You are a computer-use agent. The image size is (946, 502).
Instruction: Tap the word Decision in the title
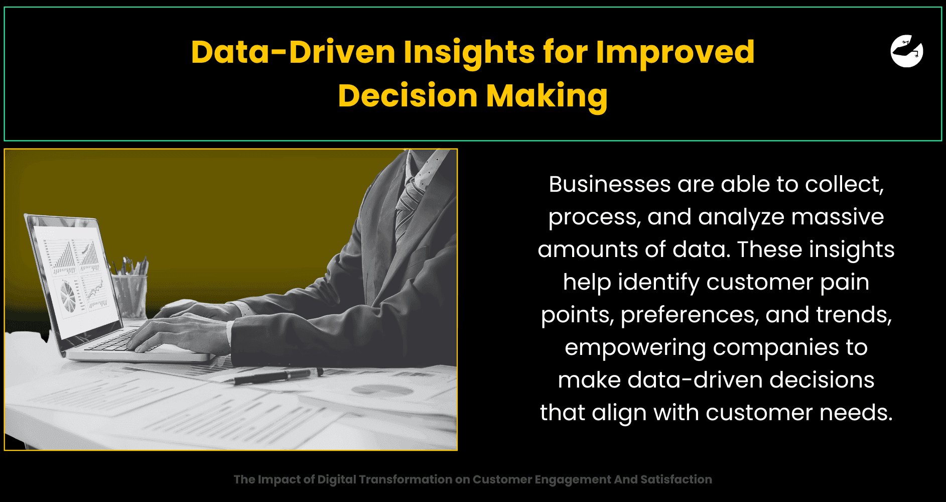click(408, 95)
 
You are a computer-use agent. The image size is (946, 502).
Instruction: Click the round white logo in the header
click(907, 51)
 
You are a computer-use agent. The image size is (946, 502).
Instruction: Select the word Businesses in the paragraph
click(610, 184)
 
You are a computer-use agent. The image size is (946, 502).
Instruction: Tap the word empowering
click(635, 348)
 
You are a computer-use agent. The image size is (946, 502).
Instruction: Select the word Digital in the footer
click(337, 479)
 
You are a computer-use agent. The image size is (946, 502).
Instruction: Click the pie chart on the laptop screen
click(68, 295)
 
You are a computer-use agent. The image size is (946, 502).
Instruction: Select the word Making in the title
click(547, 95)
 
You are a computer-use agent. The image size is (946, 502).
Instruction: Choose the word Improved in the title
click(675, 52)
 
